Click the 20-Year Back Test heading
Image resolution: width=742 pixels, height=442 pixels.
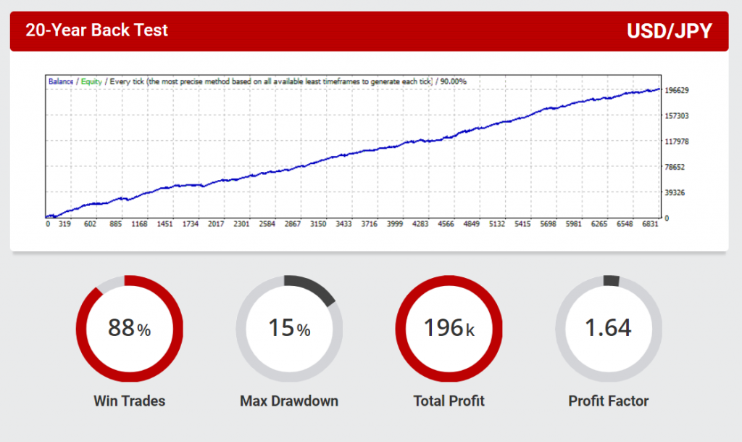(x=96, y=30)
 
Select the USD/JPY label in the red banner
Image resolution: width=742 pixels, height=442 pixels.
(x=669, y=31)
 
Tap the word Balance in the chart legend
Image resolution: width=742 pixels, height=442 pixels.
(x=61, y=82)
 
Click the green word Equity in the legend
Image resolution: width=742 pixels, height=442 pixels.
(x=91, y=82)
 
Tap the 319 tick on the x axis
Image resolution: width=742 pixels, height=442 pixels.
(x=64, y=225)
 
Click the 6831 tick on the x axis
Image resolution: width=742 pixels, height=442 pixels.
(x=651, y=225)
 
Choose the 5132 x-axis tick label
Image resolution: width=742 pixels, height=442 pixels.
(x=496, y=225)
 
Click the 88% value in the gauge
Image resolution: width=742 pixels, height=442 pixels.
(x=129, y=329)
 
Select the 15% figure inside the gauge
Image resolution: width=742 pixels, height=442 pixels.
(x=289, y=329)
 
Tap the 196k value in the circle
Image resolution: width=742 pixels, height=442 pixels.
(x=449, y=329)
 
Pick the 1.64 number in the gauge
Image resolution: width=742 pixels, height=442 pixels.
(x=608, y=328)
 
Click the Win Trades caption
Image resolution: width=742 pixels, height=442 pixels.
(x=130, y=401)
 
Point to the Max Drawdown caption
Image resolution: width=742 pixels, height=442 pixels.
(x=289, y=401)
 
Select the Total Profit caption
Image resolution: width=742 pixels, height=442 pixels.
(x=449, y=401)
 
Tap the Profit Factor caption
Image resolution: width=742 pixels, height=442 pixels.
(x=609, y=401)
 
